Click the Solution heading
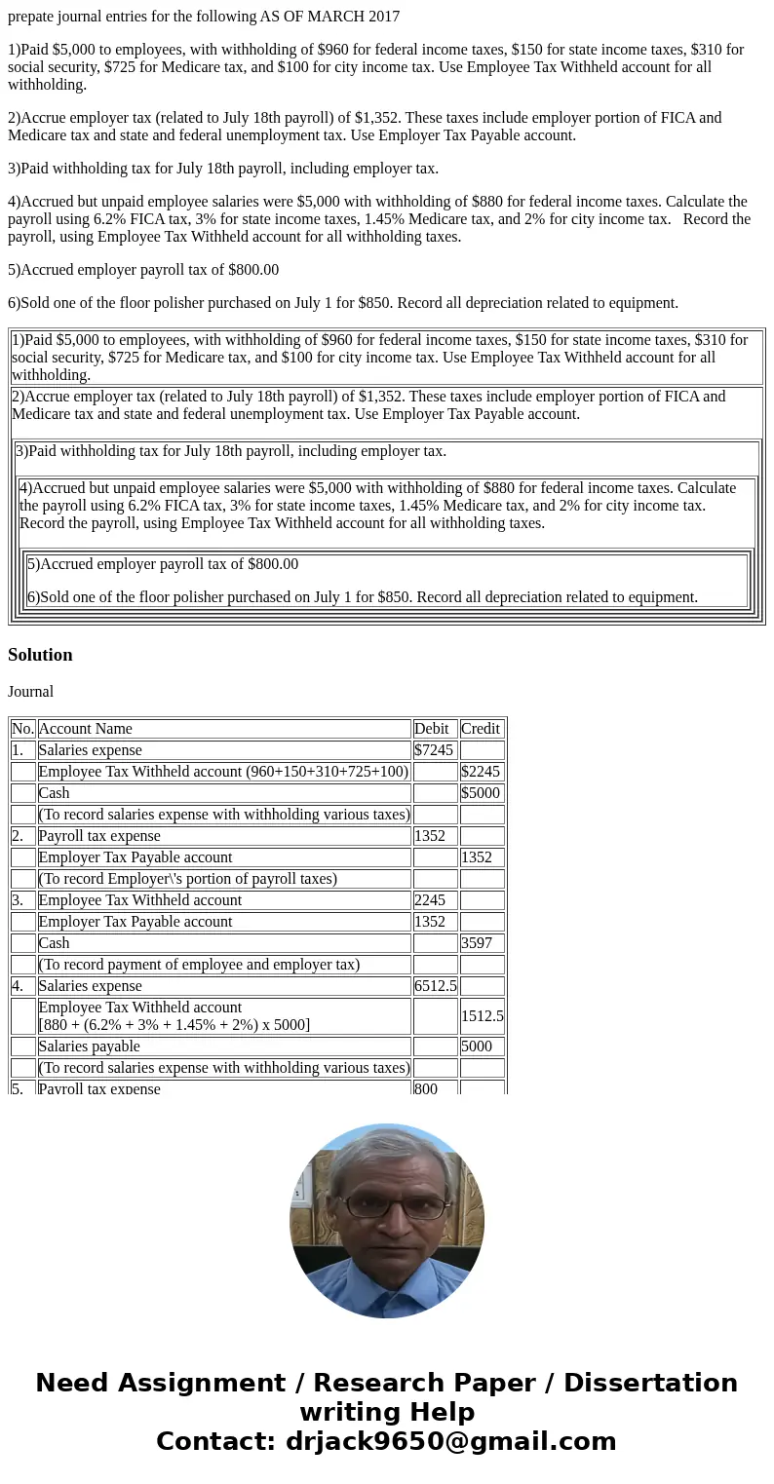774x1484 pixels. pyautogui.click(x=40, y=655)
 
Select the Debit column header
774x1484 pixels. pyautogui.click(x=432, y=729)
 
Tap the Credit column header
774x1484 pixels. pyautogui.click(x=481, y=729)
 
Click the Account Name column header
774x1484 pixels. pyautogui.click(x=86, y=729)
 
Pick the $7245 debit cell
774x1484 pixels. pyautogui.click(x=434, y=750)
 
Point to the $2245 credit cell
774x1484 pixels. pyautogui.click(x=481, y=772)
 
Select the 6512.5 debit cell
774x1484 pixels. pyautogui.click(x=435, y=986)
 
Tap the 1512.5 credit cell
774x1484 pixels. pyautogui.click(x=482, y=1016)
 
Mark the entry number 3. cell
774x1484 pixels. pyautogui.click(x=22, y=900)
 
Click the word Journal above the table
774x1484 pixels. pyautogui.click(x=31, y=692)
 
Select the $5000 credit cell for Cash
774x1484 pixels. pyautogui.click(x=481, y=793)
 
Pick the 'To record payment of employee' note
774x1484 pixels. pyautogui.click(x=199, y=965)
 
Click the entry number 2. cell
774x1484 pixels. pyautogui.click(x=22, y=836)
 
